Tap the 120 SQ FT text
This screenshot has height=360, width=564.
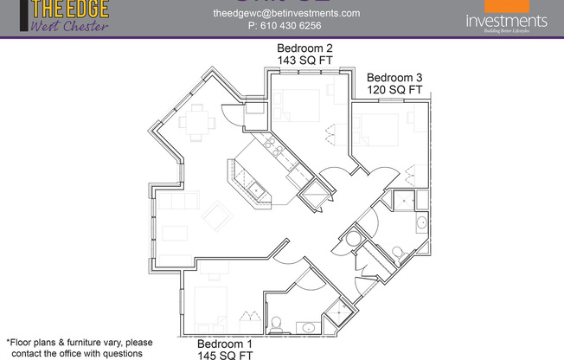tap(394, 90)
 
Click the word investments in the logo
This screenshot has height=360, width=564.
tap(506, 20)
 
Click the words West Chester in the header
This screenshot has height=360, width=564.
tap(70, 26)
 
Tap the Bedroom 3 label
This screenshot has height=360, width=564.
tap(394, 76)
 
